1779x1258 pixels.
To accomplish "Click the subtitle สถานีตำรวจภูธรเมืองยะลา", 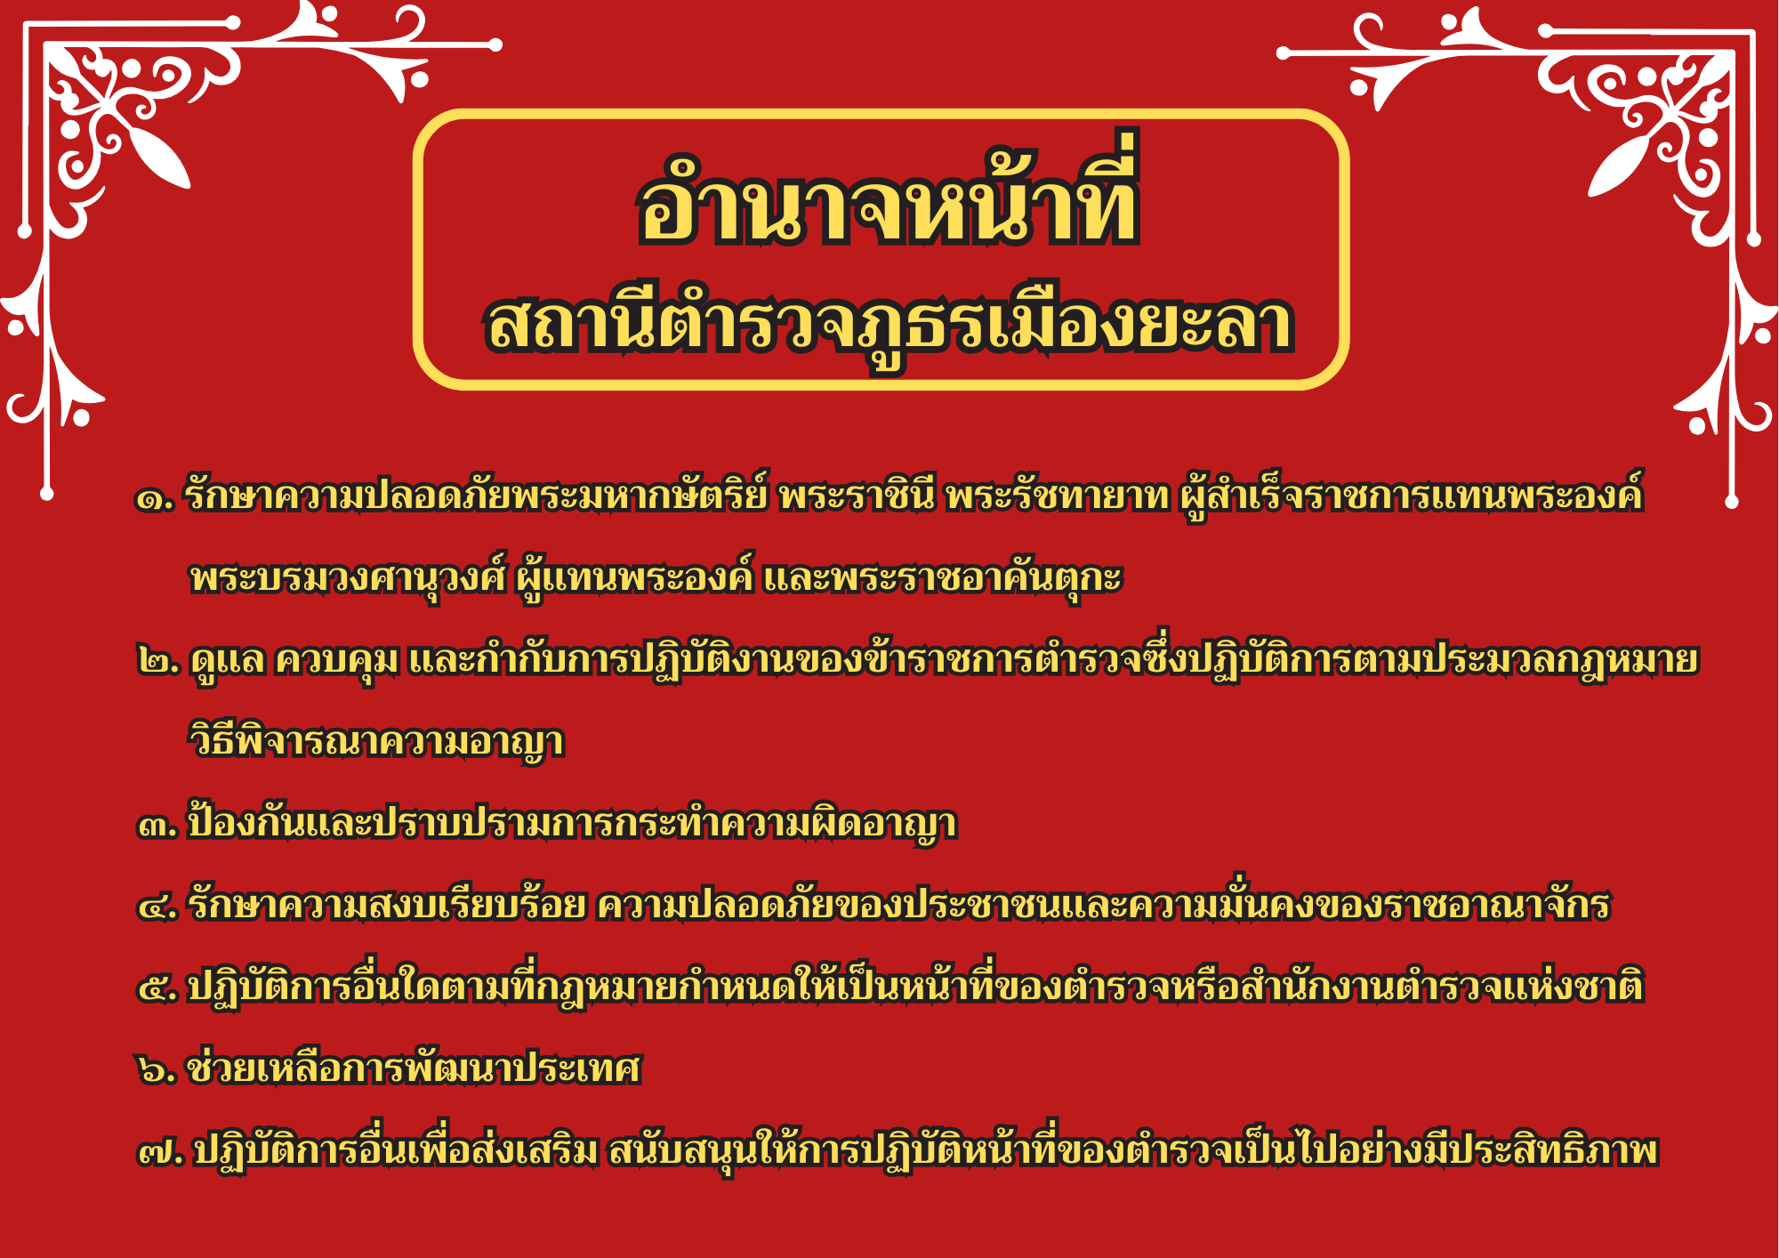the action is coord(889,323).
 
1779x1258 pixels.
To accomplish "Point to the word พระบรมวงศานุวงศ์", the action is coord(348,577).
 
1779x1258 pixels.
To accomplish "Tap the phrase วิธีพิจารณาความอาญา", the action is coord(376,740).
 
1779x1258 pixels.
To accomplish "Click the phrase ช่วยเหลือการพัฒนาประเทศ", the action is coord(414,1067).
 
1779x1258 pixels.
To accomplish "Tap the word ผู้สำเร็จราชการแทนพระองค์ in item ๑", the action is coord(1412,495).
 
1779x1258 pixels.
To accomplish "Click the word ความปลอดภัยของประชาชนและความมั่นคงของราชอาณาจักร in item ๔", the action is coord(1103,905).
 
